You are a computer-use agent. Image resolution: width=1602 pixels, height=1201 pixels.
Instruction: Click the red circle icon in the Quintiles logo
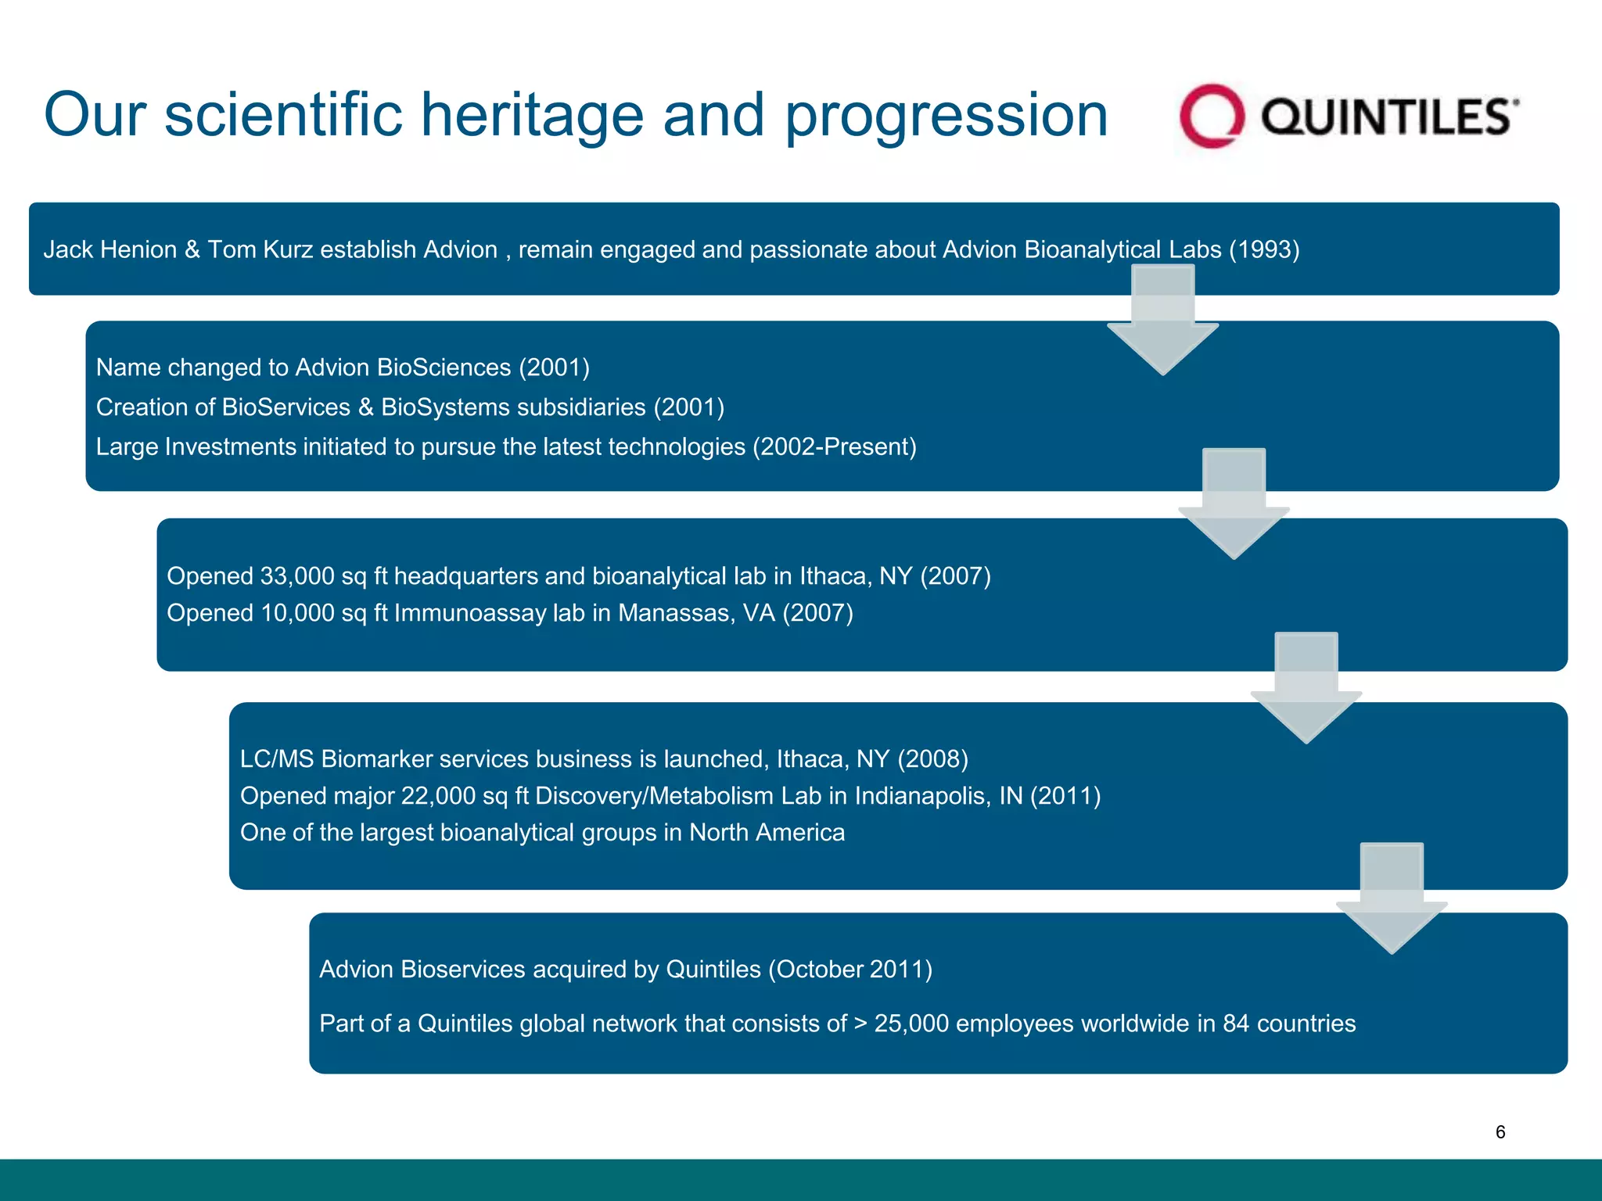(1211, 117)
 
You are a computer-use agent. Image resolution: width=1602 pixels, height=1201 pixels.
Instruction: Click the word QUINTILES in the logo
(1386, 117)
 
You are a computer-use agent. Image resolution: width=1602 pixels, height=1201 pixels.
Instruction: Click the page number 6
(1500, 1131)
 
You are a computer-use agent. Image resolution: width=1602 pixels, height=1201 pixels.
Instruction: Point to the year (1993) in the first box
(1264, 249)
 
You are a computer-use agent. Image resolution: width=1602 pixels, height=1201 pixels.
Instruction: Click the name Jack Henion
(110, 249)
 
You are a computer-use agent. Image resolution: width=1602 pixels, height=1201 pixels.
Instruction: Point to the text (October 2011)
(850, 970)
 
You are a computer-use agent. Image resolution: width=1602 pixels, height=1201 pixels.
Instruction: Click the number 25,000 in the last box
(911, 1024)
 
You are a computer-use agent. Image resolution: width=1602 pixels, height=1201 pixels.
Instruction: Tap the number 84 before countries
(1236, 1024)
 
